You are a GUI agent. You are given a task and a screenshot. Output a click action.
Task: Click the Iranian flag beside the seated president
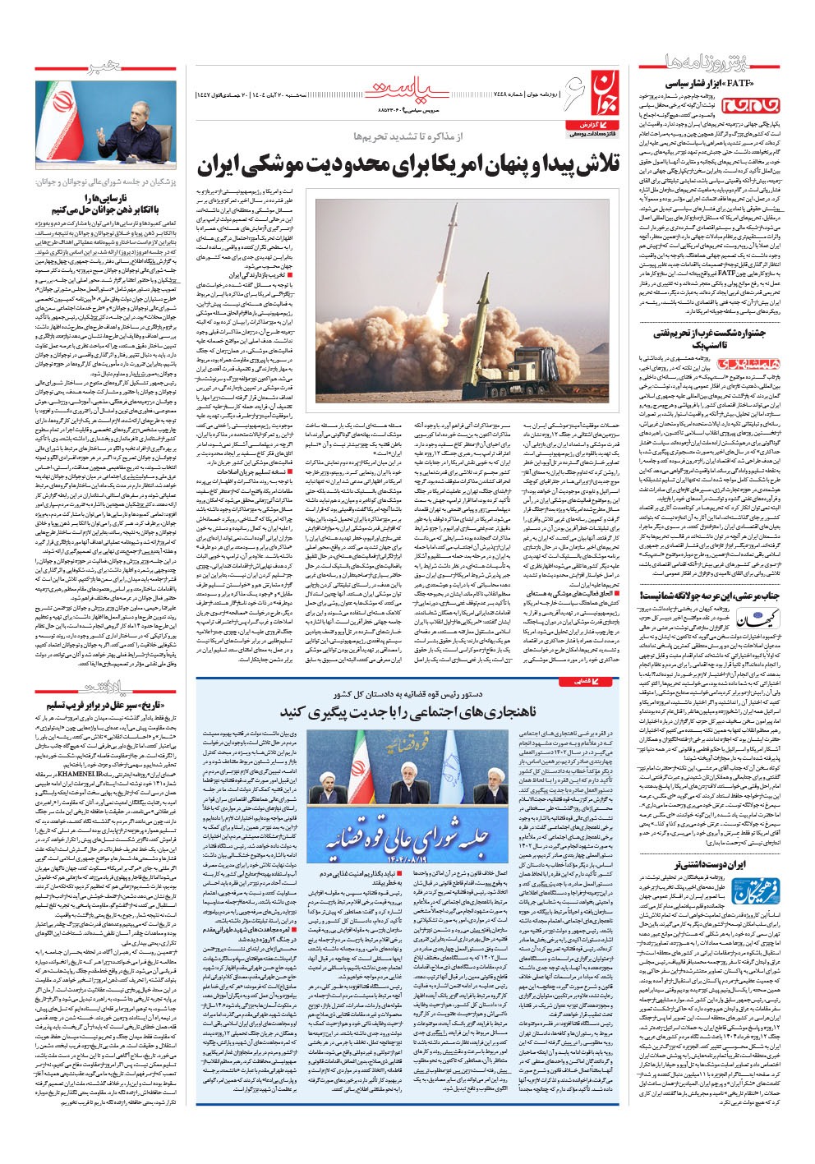[x=55, y=120]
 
